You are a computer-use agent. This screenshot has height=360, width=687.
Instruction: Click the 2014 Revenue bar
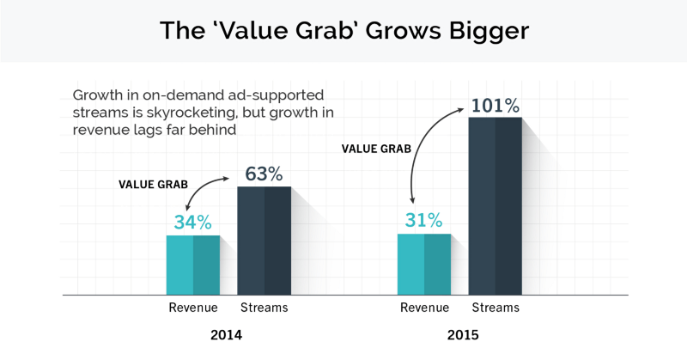coord(193,265)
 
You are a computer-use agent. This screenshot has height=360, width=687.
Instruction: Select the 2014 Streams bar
coord(264,241)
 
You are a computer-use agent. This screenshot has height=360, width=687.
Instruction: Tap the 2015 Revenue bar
coord(424,264)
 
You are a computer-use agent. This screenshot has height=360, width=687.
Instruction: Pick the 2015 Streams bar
coord(495,206)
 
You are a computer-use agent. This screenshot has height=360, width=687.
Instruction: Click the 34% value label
coord(192,223)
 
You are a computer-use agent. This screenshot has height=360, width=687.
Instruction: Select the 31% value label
coord(424,221)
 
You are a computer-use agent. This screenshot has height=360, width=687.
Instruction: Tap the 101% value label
coord(495,107)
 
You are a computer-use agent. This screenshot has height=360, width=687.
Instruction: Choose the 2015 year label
coord(461,335)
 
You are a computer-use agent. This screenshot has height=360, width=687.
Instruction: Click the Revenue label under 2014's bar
coord(193,308)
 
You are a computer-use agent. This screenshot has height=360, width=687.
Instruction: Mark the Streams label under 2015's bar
coord(495,308)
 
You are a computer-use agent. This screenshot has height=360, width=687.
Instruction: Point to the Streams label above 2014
coord(264,308)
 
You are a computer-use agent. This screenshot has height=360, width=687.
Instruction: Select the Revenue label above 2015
coord(424,308)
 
